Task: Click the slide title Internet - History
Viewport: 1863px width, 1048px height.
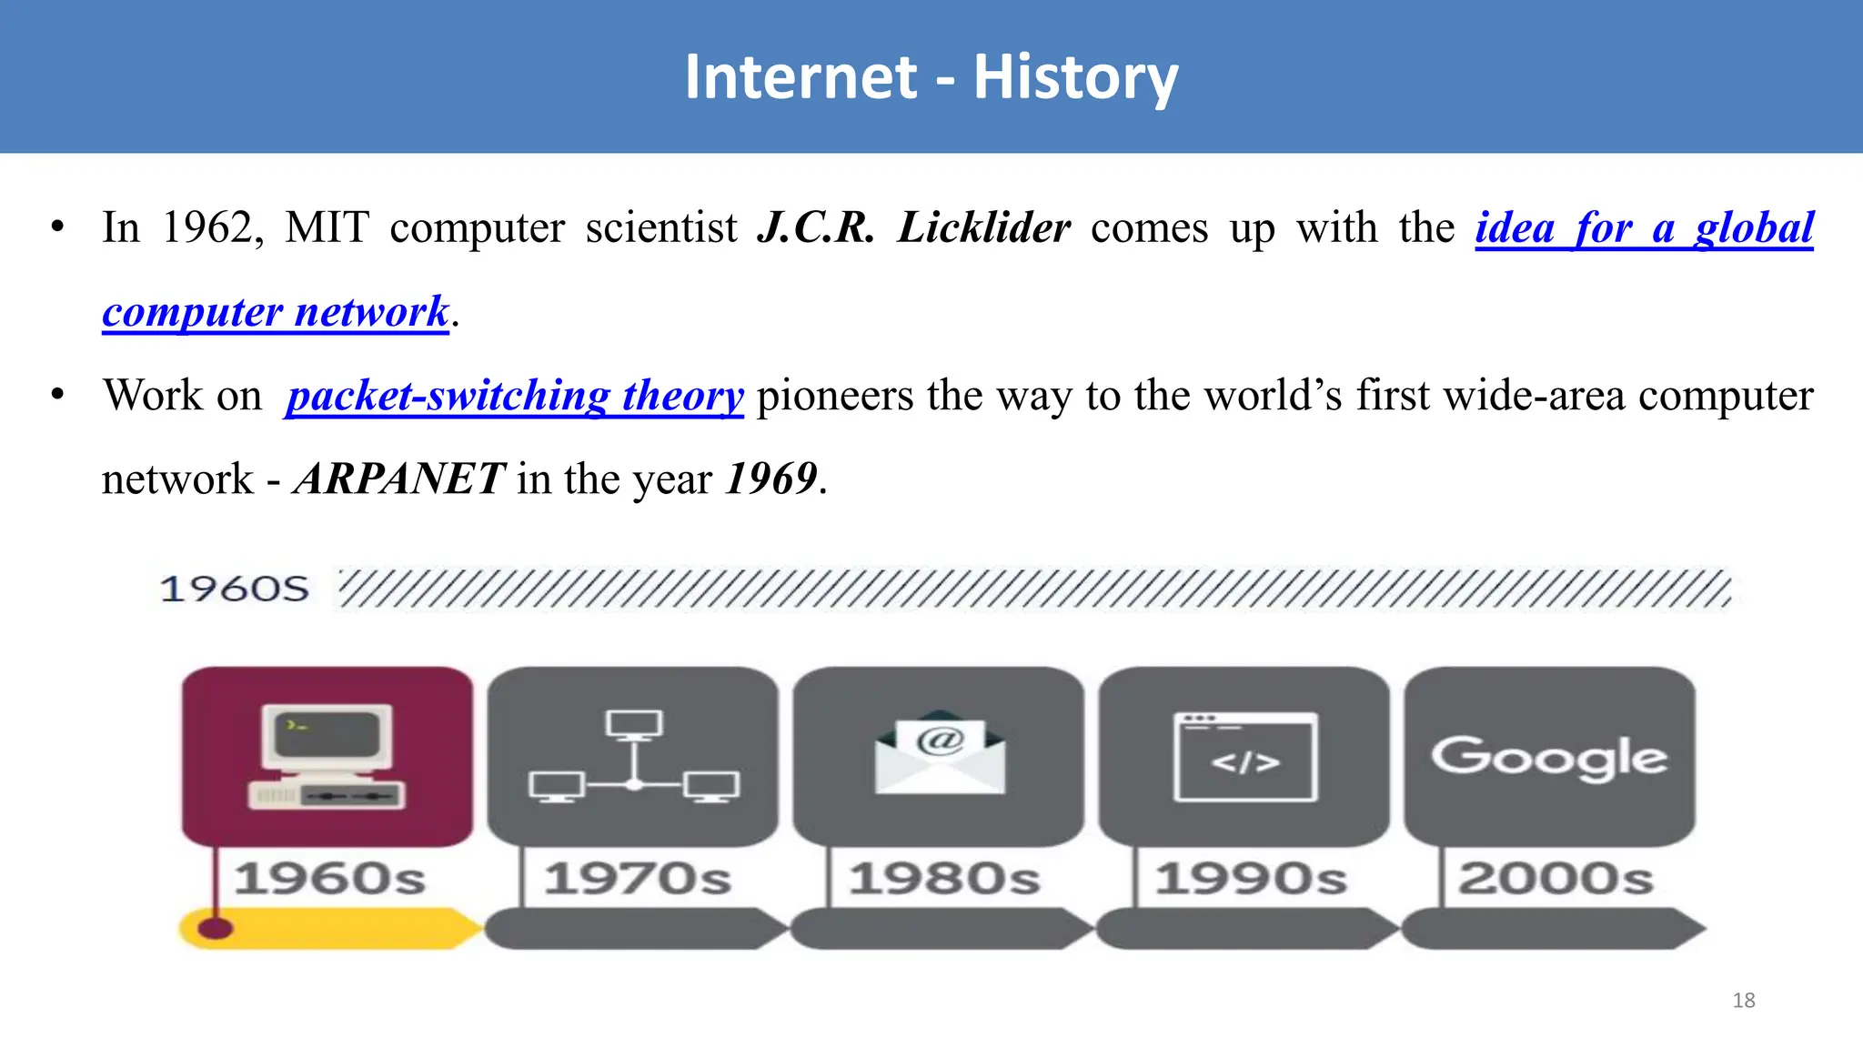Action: click(931, 77)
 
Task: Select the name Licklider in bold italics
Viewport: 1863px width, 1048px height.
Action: click(983, 227)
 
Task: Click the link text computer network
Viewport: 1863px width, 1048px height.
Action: click(275, 312)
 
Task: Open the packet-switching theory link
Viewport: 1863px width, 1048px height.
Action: click(515, 396)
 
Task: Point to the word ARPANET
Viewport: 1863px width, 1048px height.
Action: click(399, 479)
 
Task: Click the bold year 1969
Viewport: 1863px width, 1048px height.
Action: click(771, 479)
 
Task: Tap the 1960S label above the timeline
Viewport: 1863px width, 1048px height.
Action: click(235, 589)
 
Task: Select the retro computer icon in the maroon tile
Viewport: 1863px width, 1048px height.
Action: click(327, 756)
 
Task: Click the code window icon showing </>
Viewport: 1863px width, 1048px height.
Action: click(1245, 757)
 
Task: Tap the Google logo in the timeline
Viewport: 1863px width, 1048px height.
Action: click(1549, 757)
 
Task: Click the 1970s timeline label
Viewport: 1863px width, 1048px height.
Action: click(638, 879)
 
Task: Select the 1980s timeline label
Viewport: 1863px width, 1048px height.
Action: click(944, 879)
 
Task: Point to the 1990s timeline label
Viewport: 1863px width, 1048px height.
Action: click(1251, 879)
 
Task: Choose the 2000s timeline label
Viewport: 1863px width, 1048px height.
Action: click(1556, 879)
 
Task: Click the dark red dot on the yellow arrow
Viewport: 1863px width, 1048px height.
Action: click(216, 928)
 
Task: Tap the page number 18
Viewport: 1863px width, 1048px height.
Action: click(1743, 1000)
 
